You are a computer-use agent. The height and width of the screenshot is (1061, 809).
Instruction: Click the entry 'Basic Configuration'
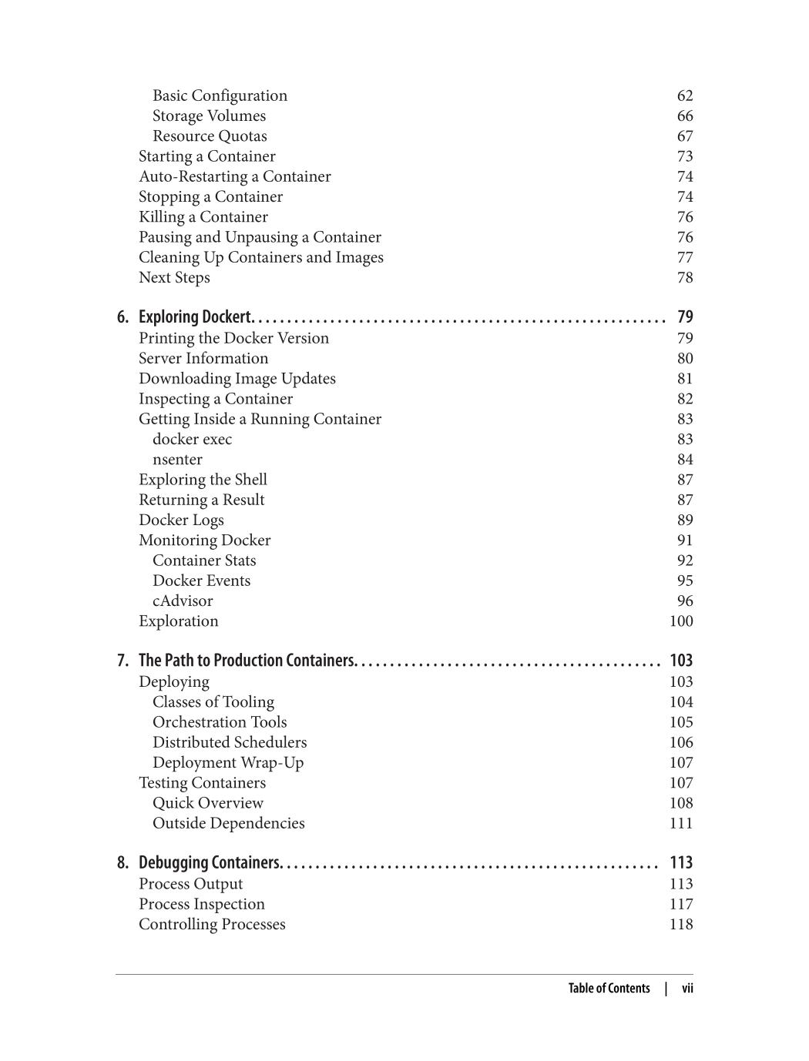(220, 95)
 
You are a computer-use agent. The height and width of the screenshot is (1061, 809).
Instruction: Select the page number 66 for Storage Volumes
(685, 115)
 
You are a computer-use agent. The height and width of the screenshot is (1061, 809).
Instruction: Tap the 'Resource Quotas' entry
(210, 136)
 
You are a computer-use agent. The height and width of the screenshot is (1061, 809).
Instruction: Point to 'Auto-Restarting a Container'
(235, 176)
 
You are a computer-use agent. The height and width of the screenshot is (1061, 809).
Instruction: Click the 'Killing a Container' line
(203, 217)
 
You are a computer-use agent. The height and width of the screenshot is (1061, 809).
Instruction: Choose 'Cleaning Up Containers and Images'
(261, 257)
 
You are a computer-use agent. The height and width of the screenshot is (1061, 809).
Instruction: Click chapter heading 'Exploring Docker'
(196, 317)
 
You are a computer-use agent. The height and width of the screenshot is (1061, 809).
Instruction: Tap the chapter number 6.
(123, 317)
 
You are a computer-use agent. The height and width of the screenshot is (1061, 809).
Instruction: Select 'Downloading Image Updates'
(237, 379)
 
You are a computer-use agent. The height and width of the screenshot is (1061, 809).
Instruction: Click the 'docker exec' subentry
(192, 439)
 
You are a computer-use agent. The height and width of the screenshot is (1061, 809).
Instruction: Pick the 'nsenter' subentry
(177, 460)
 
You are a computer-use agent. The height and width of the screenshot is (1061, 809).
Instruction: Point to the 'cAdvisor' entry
(183, 601)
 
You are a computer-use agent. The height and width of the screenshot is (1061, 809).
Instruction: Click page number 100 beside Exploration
(681, 621)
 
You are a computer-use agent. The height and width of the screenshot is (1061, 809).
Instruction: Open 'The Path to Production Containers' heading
(247, 661)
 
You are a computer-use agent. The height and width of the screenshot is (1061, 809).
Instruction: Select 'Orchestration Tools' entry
(220, 722)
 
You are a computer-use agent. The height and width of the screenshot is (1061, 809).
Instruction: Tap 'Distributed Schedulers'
(230, 742)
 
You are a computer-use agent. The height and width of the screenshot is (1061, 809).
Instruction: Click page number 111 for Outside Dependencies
(681, 823)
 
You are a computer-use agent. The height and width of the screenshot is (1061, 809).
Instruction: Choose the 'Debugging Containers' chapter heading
(210, 862)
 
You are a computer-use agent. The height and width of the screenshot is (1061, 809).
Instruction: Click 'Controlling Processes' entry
(212, 924)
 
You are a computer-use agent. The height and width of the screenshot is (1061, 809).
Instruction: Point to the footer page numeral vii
(687, 989)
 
